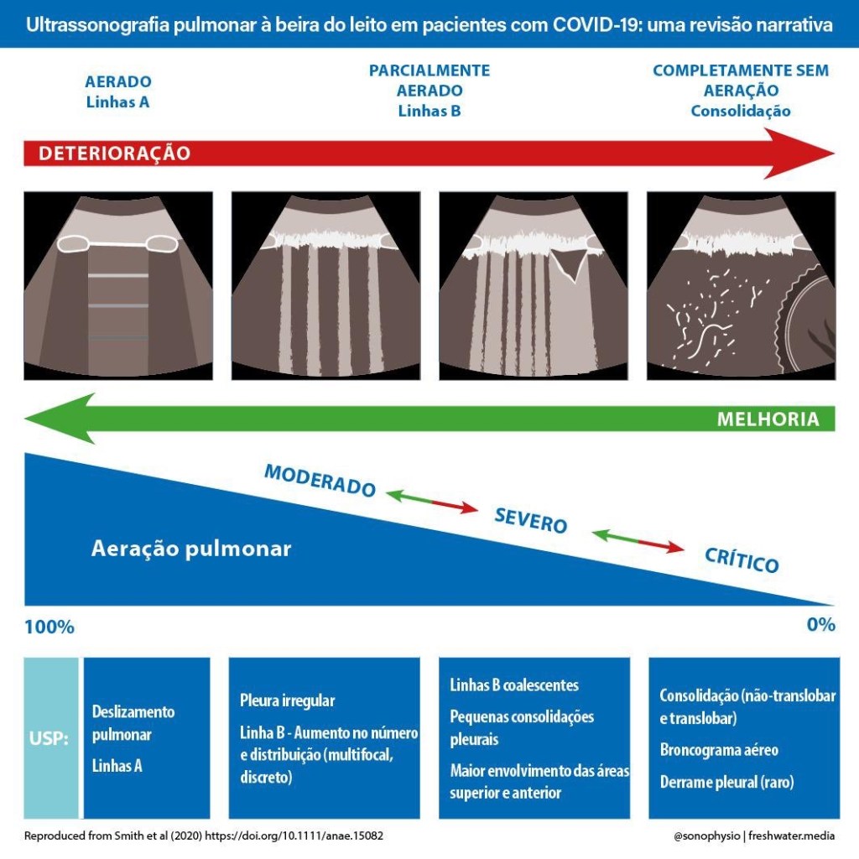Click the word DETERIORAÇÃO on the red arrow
114,154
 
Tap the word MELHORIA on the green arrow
768,419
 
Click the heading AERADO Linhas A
118,92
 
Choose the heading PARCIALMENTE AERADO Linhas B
429,91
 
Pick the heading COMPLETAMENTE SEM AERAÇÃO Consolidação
740,91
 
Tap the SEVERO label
530,520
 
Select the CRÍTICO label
742,560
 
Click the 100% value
49,627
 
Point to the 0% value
820,625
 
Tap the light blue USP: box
51,739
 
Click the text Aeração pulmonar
190,549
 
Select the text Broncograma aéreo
719,750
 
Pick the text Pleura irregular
287,700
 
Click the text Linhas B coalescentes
514,685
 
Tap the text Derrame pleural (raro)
726,782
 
